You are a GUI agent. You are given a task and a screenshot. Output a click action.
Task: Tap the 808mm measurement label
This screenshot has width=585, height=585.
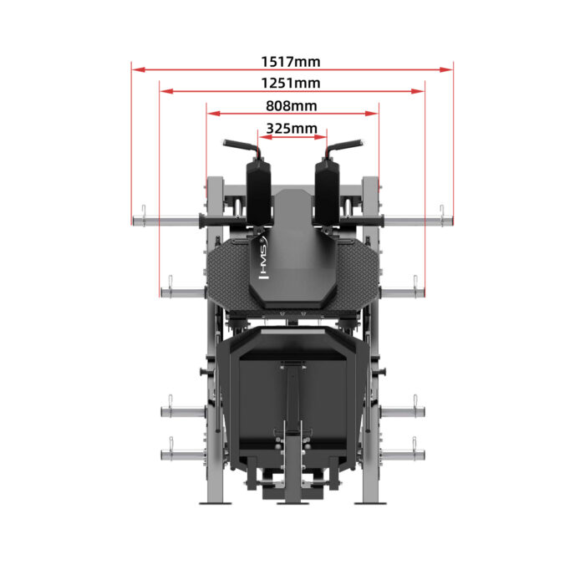(291, 106)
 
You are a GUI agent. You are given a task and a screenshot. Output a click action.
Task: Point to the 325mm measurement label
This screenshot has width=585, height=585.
(291, 128)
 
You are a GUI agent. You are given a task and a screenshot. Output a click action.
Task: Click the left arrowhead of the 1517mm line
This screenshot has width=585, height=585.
(135, 69)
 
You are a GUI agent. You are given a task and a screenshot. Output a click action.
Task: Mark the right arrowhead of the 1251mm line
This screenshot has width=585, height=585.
(420, 91)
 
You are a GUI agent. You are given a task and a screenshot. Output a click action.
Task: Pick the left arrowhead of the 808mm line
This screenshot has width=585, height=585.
(211, 114)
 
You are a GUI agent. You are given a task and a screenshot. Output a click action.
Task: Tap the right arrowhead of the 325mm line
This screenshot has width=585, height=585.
(323, 136)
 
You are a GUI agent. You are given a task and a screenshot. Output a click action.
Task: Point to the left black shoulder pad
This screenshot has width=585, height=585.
(257, 191)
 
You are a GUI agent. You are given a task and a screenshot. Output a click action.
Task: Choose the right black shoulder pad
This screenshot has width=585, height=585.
(326, 191)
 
